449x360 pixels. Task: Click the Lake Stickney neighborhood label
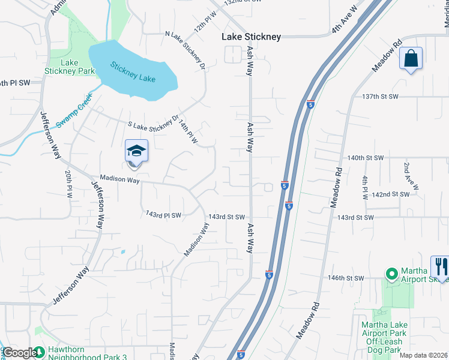pyautogui.click(x=251, y=37)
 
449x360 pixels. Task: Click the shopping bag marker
pyautogui.click(x=411, y=59)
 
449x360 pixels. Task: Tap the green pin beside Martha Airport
pyautogui.click(x=391, y=274)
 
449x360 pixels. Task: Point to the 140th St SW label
pyautogui.click(x=365, y=158)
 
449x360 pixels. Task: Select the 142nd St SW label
pyautogui.click(x=390, y=194)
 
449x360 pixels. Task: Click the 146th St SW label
pyautogui.click(x=346, y=278)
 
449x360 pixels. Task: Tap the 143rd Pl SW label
pyautogui.click(x=163, y=214)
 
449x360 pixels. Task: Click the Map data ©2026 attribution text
pyautogui.click(x=423, y=355)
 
